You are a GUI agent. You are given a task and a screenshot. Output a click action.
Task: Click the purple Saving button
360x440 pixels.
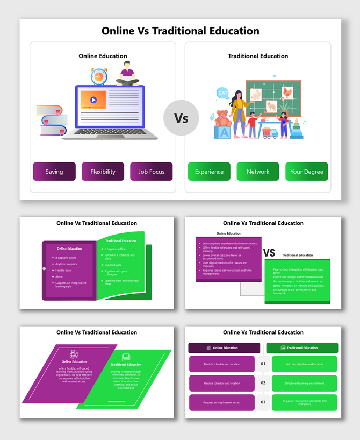(54, 172)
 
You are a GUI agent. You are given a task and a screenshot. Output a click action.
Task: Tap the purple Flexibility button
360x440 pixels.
(103, 172)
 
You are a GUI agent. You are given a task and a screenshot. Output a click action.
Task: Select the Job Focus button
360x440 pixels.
(151, 172)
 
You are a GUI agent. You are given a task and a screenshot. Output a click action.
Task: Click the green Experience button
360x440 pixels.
(209, 172)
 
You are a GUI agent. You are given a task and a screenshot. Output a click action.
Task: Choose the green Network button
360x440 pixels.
(258, 172)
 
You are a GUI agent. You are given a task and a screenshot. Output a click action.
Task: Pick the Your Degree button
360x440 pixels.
(306, 172)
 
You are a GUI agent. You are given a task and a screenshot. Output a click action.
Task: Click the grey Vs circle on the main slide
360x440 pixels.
(181, 117)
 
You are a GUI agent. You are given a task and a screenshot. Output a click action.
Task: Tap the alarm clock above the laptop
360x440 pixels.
(99, 76)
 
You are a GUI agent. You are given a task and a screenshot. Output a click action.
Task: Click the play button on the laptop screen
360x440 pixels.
(93, 100)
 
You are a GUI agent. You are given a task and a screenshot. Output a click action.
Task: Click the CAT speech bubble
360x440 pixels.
(222, 93)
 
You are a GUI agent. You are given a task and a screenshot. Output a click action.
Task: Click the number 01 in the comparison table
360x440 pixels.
(263, 364)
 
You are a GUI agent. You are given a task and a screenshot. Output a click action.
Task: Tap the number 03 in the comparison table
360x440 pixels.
(263, 402)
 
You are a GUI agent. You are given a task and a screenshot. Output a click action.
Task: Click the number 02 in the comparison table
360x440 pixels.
(263, 384)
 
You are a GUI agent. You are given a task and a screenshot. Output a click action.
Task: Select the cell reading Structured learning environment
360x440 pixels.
(304, 384)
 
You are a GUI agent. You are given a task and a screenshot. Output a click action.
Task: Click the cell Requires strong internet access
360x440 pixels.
(222, 402)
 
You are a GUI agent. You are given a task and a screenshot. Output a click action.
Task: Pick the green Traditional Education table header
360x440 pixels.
(302, 348)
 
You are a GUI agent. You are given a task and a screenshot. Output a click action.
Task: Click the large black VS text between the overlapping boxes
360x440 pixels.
(269, 253)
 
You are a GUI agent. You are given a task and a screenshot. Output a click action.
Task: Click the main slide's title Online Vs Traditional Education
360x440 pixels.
(181, 31)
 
